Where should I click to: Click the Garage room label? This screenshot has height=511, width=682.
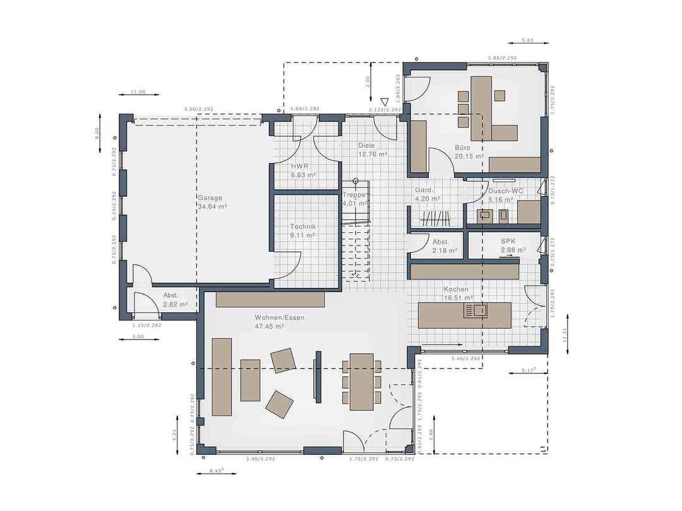point(210,197)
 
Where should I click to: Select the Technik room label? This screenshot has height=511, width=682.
point(303,226)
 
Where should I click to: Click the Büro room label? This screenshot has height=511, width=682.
point(462,148)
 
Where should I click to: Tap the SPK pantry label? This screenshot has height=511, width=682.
point(508,241)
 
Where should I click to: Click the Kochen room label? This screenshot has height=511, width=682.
point(456,289)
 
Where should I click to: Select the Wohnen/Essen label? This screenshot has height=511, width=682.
point(279,317)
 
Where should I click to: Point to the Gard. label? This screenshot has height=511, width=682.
point(424,190)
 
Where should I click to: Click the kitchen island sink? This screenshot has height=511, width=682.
point(476,310)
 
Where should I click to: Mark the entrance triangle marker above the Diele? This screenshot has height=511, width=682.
point(384,102)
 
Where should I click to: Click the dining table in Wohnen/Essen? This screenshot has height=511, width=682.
point(362,379)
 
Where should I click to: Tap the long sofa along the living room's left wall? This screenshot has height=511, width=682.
point(222,377)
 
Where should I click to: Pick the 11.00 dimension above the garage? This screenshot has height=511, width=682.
point(138,92)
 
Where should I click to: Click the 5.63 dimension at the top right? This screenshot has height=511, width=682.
point(528,41)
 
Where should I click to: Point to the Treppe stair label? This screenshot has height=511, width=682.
point(354,195)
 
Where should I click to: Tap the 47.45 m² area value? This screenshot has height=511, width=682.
point(270,327)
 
